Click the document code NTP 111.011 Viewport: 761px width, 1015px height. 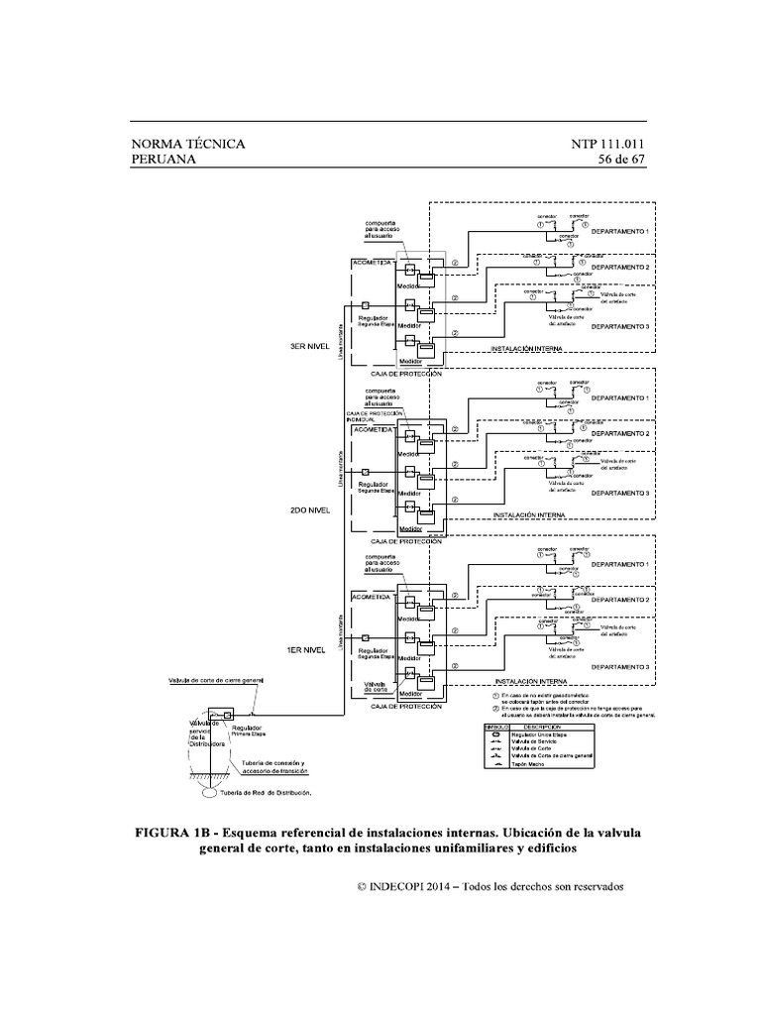607,144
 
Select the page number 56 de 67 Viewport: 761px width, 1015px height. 621,160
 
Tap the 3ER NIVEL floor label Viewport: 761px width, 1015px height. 308,347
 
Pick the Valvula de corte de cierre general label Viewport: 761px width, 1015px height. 214,682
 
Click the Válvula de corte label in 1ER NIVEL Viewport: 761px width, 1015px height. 375,686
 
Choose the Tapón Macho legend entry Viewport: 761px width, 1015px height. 528,768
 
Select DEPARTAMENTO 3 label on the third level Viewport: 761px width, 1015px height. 620,326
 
